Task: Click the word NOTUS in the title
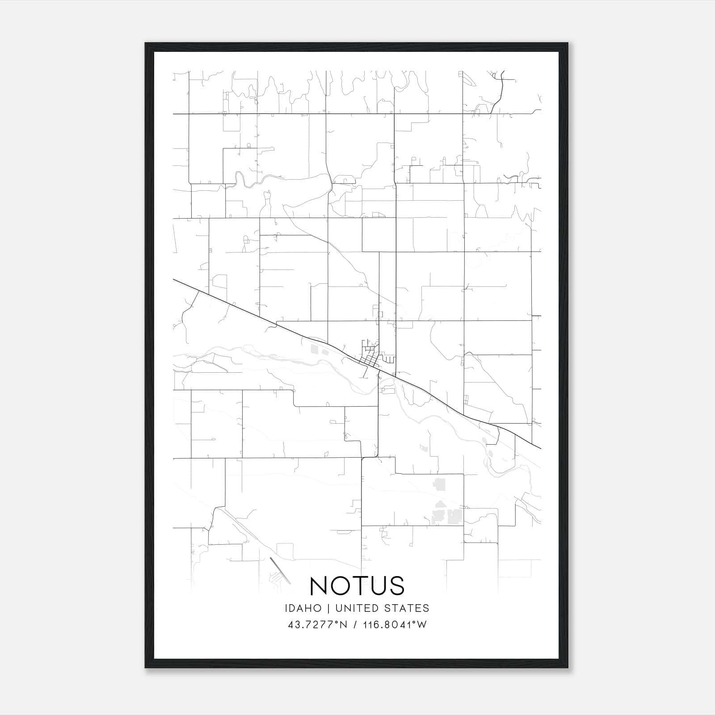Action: coord(357,585)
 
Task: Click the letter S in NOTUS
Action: coord(396,585)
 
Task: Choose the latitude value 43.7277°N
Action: coord(317,625)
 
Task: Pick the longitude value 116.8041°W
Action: coord(395,625)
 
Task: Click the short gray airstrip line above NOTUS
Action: coord(280,570)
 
